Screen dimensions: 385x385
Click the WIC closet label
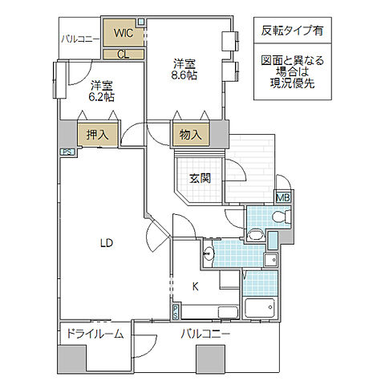(123, 33)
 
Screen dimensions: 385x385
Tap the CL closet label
(123, 55)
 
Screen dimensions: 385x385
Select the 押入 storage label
(97, 135)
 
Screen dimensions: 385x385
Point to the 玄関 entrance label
(200, 178)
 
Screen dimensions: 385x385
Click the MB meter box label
(283, 197)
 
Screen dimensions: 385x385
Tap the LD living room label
(106, 243)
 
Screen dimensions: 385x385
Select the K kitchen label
(194, 285)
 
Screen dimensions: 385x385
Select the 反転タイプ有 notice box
(292, 31)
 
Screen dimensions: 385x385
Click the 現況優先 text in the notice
(292, 83)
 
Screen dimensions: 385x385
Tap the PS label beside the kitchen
(176, 310)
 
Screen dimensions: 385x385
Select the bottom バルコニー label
(205, 334)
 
